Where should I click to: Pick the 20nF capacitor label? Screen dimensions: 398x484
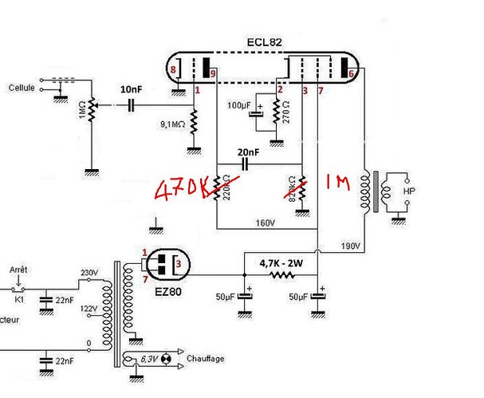[x=248, y=152]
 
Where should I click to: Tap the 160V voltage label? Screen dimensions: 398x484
[x=265, y=222]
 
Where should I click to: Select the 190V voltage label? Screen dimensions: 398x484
[x=351, y=244]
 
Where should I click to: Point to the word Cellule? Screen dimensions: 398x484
[x=22, y=88]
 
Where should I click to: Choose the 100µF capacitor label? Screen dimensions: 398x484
[x=238, y=106]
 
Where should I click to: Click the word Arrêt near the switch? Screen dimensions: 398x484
[x=18, y=270]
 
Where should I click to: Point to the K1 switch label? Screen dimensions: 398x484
[x=18, y=299]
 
